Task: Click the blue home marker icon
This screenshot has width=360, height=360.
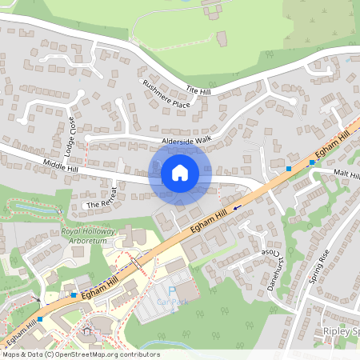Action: (x=180, y=173)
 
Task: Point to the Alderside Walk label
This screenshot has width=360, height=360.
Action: (x=186, y=141)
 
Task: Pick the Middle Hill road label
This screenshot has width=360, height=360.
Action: (x=62, y=166)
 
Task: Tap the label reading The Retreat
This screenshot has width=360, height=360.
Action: (x=104, y=200)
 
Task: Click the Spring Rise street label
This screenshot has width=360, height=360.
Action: (x=318, y=268)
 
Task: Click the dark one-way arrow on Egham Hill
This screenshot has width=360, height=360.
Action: (x=237, y=207)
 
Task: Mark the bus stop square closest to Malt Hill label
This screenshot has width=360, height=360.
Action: (x=312, y=162)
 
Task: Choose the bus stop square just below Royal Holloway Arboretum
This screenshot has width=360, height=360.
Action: (x=74, y=294)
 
